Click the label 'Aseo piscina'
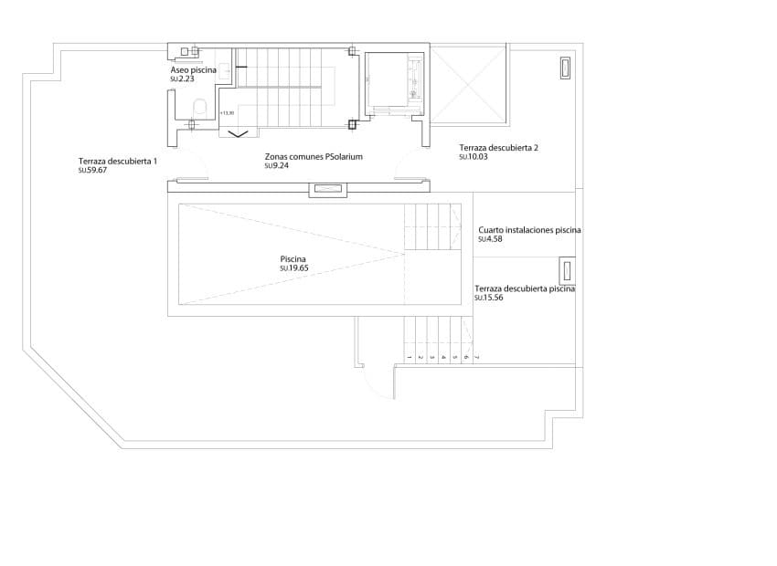point(194,69)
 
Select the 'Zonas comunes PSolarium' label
point(314,156)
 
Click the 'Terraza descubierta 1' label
point(118,161)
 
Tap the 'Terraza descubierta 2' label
point(499,147)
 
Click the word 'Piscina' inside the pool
point(293,258)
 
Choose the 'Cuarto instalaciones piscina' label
point(529,230)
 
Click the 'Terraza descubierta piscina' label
point(525,288)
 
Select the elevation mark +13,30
point(228,112)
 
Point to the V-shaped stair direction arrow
point(237,134)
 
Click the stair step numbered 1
point(408,357)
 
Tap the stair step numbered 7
point(477,357)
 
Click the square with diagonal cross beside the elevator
point(468,86)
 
